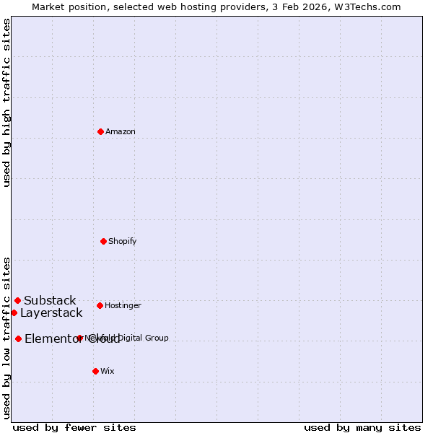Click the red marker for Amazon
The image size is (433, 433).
point(100,131)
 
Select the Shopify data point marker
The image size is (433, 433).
point(103,241)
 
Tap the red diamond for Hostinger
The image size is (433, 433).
point(100,305)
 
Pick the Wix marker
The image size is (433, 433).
point(95,371)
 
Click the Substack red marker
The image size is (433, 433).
point(17,300)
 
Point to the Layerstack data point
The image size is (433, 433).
point(14,312)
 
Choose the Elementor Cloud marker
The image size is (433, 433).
point(18,338)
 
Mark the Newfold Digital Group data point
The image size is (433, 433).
point(79,338)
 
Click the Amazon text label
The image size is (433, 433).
point(121,131)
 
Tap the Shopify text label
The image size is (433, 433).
point(123,241)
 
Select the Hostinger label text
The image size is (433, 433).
point(123,305)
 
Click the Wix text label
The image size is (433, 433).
point(108,371)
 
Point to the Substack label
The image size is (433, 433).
point(50,300)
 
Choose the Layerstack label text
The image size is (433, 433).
point(51,312)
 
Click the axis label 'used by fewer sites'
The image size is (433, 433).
point(74,427)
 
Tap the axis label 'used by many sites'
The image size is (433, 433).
point(362,427)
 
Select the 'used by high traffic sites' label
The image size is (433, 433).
point(6,102)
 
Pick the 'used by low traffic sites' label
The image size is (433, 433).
point(6,337)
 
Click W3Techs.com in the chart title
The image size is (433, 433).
point(371,6)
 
